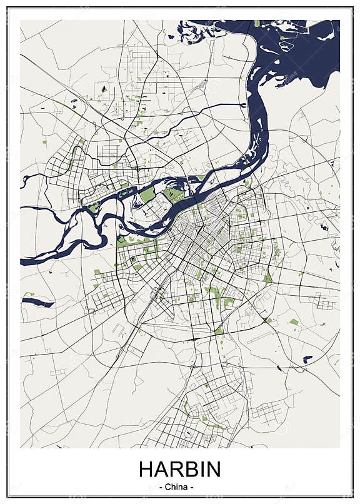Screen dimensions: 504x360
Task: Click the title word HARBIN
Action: click(x=179, y=470)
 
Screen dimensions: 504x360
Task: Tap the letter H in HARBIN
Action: click(x=145, y=470)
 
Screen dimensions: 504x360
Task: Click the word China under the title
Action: click(x=179, y=486)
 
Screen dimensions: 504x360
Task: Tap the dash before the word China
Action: click(x=162, y=486)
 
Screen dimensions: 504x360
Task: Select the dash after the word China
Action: click(x=196, y=486)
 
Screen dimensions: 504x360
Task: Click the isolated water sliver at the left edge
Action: click(x=37, y=303)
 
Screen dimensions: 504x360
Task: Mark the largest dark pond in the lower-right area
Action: click(x=307, y=359)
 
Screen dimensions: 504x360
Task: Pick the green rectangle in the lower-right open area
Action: click(x=294, y=322)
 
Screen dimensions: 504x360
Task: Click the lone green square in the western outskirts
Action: click(x=44, y=142)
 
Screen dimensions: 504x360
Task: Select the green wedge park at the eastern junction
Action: click(x=267, y=276)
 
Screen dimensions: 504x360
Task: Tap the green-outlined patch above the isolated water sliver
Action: click(x=29, y=293)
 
